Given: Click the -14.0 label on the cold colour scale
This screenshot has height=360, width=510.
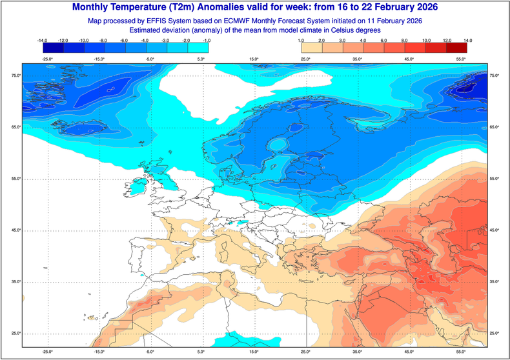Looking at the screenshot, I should point(43,40).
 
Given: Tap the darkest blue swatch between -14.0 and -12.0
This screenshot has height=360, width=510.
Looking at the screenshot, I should point(54,48).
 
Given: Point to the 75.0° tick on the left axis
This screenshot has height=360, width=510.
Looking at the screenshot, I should point(14,76).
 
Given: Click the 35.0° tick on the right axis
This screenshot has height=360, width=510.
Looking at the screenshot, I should point(496,282).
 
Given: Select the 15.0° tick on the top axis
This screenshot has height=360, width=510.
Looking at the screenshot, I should point(254,59).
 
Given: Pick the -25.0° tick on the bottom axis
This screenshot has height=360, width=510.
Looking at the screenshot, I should point(47,352).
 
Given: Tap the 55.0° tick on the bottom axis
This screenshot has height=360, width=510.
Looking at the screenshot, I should point(461,352).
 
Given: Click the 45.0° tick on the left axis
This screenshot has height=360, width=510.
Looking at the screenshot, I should point(14,230).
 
